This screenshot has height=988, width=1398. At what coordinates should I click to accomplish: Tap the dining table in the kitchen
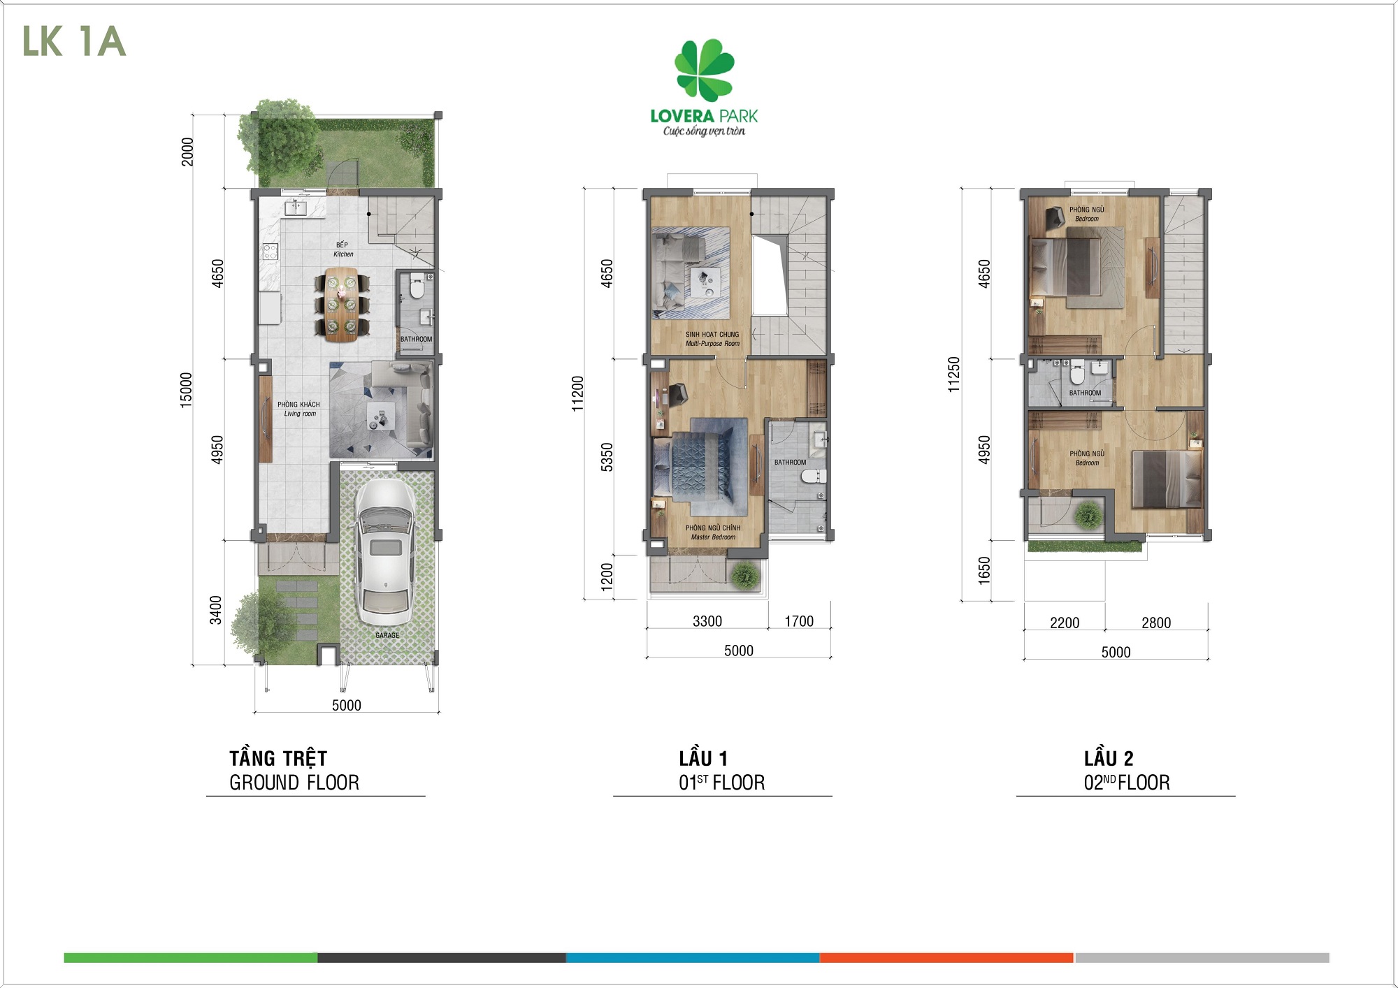[x=341, y=304]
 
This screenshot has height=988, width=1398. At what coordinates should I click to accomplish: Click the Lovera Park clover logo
[x=704, y=70]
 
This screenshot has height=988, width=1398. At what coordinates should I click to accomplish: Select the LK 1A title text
[x=74, y=41]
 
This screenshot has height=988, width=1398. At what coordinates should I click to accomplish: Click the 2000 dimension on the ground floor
[x=187, y=152]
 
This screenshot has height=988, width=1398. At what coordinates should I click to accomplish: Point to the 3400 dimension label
[x=216, y=610]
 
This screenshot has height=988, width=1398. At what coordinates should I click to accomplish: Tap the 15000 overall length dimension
[x=185, y=390]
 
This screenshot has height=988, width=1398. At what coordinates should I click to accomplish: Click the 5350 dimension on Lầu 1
[x=607, y=457]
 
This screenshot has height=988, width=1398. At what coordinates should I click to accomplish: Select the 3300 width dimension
[x=707, y=621]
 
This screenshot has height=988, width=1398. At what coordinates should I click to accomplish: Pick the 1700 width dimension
[x=799, y=621]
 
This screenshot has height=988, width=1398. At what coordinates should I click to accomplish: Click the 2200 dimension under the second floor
[x=1065, y=623]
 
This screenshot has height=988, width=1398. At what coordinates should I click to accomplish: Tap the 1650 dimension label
[x=984, y=571]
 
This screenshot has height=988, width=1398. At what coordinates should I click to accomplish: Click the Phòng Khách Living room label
[x=298, y=409]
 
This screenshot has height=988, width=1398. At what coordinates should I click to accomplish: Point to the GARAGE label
[x=387, y=635]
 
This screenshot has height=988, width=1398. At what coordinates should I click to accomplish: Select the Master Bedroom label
[x=713, y=532]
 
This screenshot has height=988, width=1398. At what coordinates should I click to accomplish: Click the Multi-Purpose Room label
[x=712, y=339]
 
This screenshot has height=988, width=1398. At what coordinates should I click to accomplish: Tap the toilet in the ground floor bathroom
[x=417, y=288]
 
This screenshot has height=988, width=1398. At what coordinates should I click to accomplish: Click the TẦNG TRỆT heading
[x=278, y=757]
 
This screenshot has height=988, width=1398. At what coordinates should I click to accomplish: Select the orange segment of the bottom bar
[x=946, y=957]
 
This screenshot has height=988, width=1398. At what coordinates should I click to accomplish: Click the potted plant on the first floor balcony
[x=745, y=576]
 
